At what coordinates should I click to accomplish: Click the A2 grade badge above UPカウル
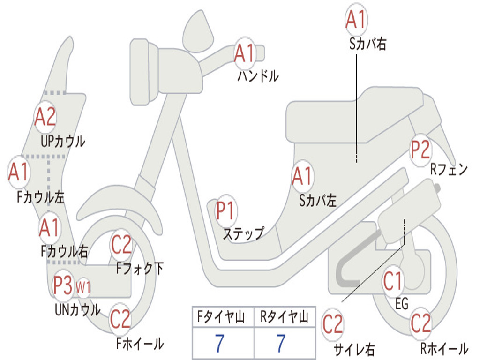45,117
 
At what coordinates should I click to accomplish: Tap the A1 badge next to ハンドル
244,53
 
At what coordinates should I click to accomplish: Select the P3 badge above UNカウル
63,285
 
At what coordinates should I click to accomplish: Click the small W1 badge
83,287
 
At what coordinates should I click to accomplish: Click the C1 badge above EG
393,282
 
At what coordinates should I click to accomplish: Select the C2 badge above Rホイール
420,323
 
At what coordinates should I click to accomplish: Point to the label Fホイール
140,344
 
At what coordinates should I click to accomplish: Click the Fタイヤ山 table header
223,318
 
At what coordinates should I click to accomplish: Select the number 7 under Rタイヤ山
281,344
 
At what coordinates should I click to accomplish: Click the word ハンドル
258,76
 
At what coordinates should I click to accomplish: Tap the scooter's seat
356,115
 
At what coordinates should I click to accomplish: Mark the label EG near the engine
402,304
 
